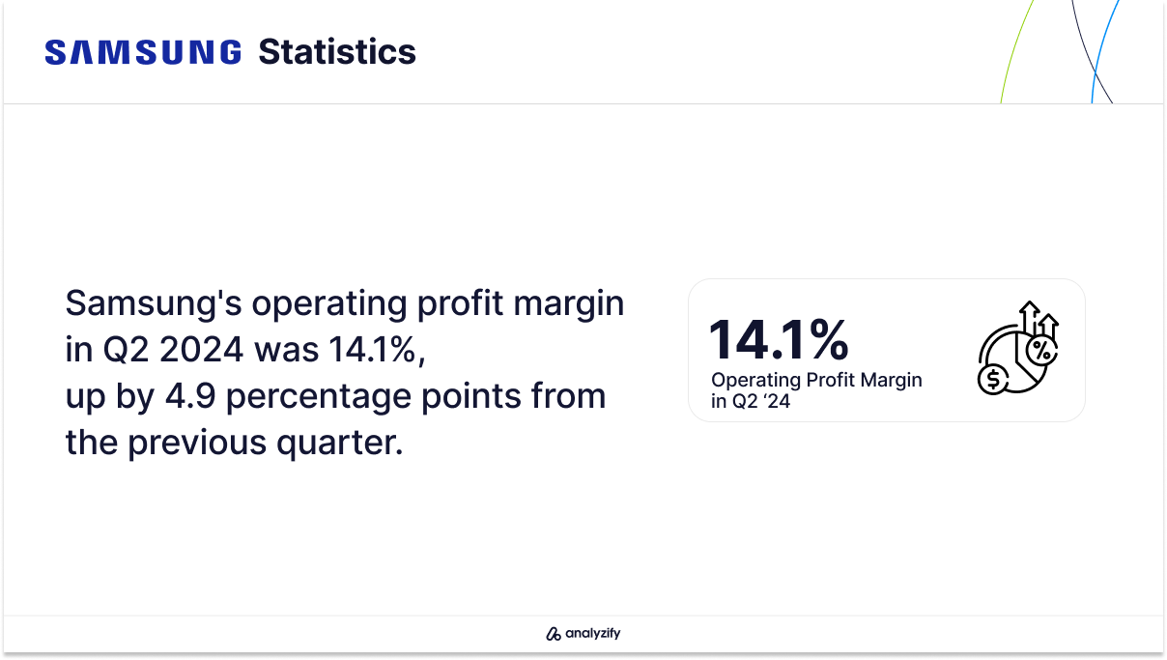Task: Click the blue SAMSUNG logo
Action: click(x=143, y=52)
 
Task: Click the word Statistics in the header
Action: click(x=337, y=52)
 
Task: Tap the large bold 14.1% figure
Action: click(x=779, y=339)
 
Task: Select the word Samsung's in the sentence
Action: click(x=154, y=302)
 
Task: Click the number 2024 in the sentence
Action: click(x=201, y=349)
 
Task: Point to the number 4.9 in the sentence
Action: click(x=190, y=395)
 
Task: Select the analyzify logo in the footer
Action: click(x=583, y=633)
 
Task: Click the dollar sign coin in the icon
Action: click(x=993, y=379)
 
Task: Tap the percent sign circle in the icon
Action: click(x=1041, y=351)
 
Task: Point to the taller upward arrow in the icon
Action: click(x=1030, y=318)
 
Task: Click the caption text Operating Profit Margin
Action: click(x=816, y=380)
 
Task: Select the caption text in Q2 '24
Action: click(x=751, y=401)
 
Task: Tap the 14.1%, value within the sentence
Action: click(x=377, y=349)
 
